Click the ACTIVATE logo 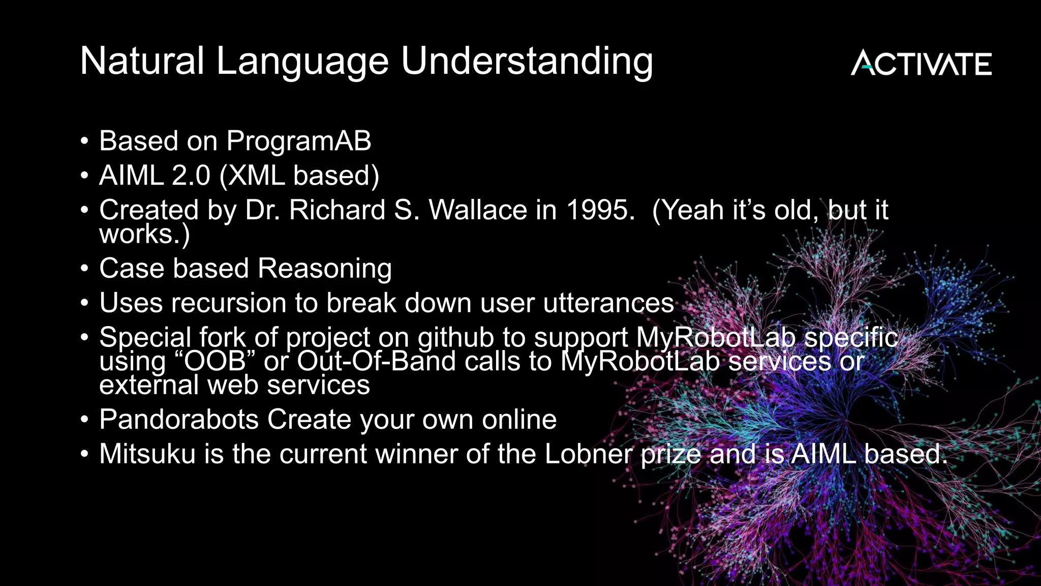(921, 63)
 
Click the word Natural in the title (142, 61)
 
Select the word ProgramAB (298, 141)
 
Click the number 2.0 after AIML (191, 175)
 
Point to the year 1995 (600, 210)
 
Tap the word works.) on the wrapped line (144, 235)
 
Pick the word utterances (608, 303)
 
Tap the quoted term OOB (215, 362)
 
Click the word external (149, 385)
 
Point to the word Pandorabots (179, 420)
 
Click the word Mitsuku (147, 454)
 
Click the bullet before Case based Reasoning (84, 269)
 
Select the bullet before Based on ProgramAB (84, 141)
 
